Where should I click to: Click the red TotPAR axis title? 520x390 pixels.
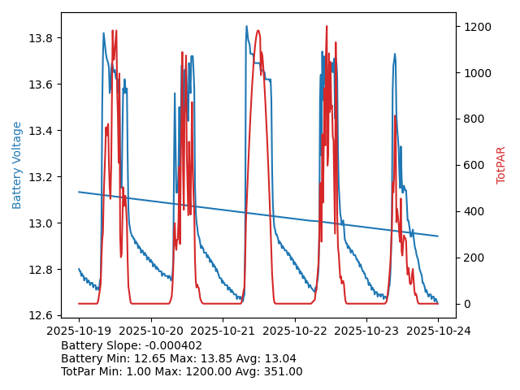click(x=500, y=165)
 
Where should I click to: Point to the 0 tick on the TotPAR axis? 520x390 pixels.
click(x=466, y=304)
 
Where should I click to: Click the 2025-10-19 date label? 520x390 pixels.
click(x=79, y=331)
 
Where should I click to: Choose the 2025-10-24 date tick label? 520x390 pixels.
click(x=438, y=331)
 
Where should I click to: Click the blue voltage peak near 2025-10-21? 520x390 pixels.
click(x=247, y=26)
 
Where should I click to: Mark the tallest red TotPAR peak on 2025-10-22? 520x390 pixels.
click(x=327, y=27)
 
